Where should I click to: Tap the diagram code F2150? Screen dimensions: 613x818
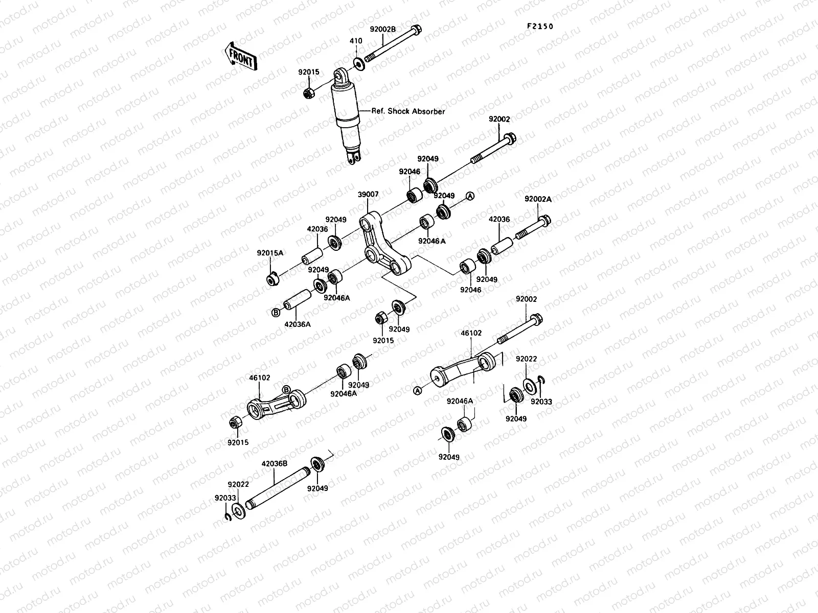pos(541,27)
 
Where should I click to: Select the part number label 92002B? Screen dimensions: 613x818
pos(383,29)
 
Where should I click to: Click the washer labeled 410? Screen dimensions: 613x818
pos(359,63)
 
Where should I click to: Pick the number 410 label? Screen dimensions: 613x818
pos(356,41)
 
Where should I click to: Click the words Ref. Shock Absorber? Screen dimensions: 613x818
pos(408,111)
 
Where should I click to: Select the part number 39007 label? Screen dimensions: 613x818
pos(368,195)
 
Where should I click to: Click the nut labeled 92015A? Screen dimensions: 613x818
pos(272,279)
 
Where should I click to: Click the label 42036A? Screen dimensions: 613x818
pos(298,323)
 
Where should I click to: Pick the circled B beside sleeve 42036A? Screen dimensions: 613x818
pos(275,312)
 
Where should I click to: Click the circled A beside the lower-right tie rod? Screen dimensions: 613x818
pos(417,391)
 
